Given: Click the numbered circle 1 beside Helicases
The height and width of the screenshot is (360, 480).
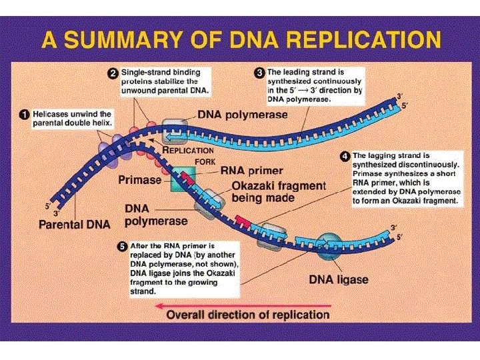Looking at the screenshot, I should click(x=23, y=114).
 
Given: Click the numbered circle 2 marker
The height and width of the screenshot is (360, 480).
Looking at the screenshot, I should click(x=114, y=71).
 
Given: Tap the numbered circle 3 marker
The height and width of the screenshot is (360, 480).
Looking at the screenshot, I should click(x=259, y=71).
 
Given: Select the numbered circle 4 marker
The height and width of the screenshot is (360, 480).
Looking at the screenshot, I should click(x=344, y=156).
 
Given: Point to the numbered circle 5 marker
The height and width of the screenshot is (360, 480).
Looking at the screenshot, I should click(x=121, y=245).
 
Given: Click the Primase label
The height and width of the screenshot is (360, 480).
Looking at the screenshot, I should click(x=139, y=179).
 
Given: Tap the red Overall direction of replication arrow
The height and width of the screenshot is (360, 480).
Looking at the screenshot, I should click(x=241, y=305).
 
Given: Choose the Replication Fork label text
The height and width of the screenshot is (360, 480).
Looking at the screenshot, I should click(x=189, y=155).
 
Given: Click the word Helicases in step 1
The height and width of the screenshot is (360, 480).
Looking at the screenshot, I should click(x=51, y=114).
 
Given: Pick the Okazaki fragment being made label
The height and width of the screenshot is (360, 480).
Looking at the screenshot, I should click(x=278, y=191).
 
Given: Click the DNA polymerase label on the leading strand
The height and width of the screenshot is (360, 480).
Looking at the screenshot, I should click(x=243, y=114).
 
